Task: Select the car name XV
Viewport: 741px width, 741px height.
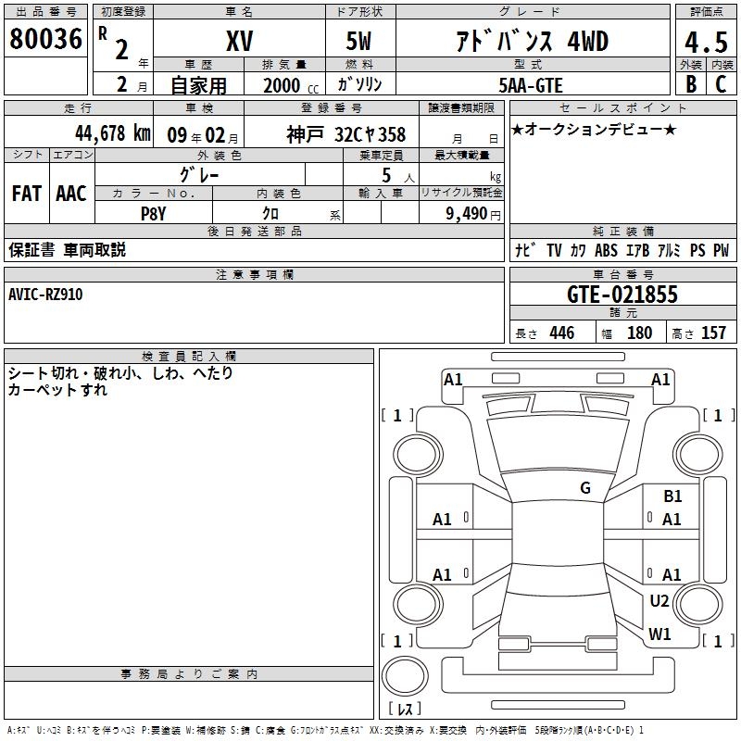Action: tap(239, 41)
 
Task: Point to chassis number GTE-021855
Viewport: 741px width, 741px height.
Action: tap(622, 295)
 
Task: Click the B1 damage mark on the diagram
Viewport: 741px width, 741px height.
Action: tap(672, 497)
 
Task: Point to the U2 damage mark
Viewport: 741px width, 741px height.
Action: tap(659, 601)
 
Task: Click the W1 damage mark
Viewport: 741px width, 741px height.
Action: tap(659, 634)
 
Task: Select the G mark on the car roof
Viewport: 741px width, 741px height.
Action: tap(585, 488)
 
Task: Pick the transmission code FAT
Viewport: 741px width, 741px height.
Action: tap(26, 194)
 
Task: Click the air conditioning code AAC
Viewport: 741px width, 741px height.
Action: tap(70, 194)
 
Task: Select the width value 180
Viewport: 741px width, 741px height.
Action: tap(639, 333)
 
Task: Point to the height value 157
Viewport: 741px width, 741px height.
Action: tap(713, 333)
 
